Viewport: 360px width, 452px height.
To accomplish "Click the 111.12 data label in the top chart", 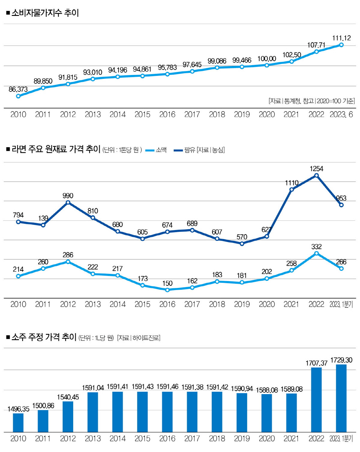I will pyautogui.click(x=341, y=38).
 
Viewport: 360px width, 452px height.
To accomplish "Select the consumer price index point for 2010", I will pyautogui.click(x=18, y=96).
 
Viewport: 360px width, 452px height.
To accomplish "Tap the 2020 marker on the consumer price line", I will pyautogui.click(x=267, y=65).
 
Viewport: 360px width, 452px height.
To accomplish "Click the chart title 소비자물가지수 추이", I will pyautogui.click(x=45, y=13).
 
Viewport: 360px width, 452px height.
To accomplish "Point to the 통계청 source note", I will pyautogui.click(x=312, y=101).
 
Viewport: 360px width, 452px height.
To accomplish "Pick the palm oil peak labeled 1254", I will pyautogui.click(x=316, y=175).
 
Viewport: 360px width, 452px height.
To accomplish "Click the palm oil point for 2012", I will pyautogui.click(x=68, y=202).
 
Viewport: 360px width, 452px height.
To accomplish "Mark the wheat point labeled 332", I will pyautogui.click(x=316, y=253).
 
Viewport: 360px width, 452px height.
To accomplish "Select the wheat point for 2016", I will pyautogui.click(x=167, y=290).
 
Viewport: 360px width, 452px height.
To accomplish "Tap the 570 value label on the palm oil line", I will pyautogui.click(x=242, y=237).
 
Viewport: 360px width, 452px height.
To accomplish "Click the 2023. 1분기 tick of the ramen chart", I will pyautogui.click(x=341, y=304).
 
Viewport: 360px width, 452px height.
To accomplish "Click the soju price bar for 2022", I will pyautogui.click(x=316, y=400).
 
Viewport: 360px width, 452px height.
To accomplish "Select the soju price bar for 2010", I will pyautogui.click(x=18, y=423).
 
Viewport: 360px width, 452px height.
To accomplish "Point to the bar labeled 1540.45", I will pyautogui.click(x=68, y=417).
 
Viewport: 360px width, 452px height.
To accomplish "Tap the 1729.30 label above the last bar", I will pyautogui.click(x=341, y=360).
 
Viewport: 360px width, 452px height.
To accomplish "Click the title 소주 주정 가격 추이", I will pyautogui.click(x=44, y=337).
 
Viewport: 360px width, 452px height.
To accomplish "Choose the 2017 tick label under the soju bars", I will pyautogui.click(x=192, y=439).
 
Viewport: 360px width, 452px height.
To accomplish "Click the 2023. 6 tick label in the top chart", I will pyautogui.click(x=341, y=115).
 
